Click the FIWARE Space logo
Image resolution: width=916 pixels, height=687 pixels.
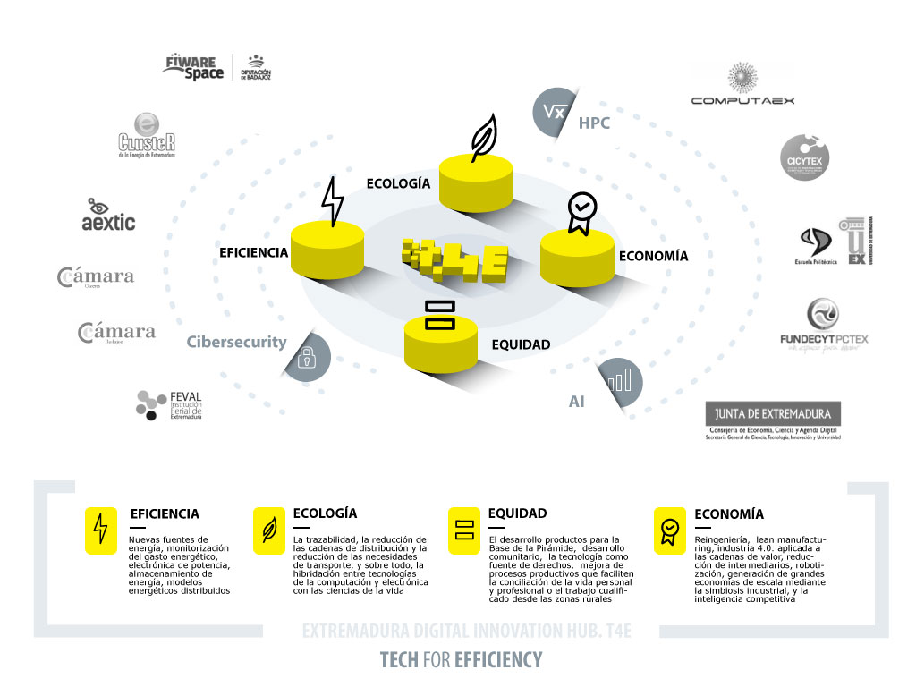pos(193,67)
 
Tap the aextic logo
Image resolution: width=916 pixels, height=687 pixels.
pos(108,215)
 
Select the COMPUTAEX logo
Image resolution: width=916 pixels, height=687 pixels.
pos(742,85)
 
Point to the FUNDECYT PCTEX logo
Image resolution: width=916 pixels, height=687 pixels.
pos(824,326)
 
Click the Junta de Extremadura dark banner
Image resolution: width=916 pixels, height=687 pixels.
pos(774,413)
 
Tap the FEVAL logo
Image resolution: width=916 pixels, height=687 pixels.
pos(169,405)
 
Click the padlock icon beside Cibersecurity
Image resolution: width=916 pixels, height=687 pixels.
pos(307,358)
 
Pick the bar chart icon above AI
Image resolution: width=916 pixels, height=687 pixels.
pos(619,381)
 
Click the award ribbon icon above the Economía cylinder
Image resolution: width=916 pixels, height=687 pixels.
pos(581,214)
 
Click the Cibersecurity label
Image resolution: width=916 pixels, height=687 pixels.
pos(236,342)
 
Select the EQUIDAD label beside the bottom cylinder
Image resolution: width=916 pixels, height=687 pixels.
pos(521,344)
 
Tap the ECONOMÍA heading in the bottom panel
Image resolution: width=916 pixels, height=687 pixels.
pos(729,514)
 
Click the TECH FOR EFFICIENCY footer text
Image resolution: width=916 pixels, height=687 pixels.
pos(461,660)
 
